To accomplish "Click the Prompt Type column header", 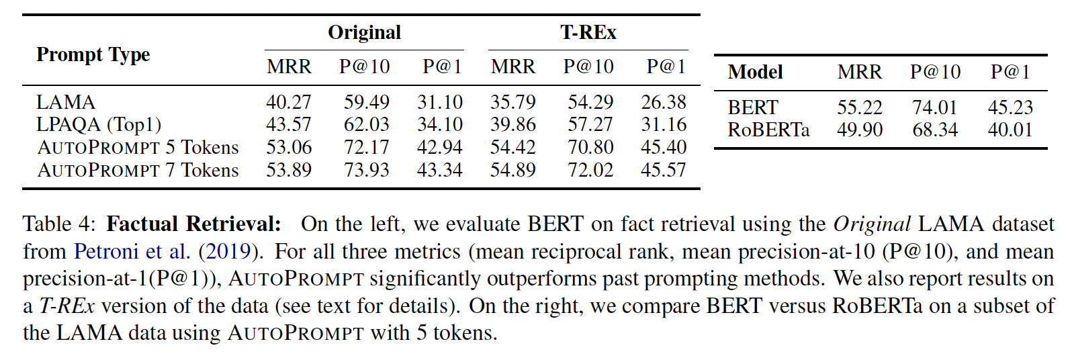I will click(x=93, y=54).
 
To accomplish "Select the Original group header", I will click(x=364, y=32).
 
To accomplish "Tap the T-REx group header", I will click(x=588, y=32).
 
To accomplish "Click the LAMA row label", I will click(x=66, y=102).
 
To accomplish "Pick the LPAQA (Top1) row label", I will click(x=98, y=124).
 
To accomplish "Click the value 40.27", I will click(x=289, y=102).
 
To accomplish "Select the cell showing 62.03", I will click(x=366, y=124).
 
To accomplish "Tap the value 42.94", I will click(x=439, y=147).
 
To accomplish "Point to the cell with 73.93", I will click(x=366, y=170).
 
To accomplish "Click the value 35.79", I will click(x=512, y=102).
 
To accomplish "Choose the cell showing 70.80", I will click(x=590, y=147).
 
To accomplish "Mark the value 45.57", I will click(x=663, y=170).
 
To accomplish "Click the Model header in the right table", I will click(x=755, y=72).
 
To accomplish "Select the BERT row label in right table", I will click(x=752, y=107).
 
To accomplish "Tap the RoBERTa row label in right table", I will click(x=768, y=130).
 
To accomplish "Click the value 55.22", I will click(x=859, y=107).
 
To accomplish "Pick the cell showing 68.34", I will click(x=935, y=130).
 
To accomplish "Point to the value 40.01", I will click(x=1010, y=130).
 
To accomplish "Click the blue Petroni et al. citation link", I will click(x=132, y=251).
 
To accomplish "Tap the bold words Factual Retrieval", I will click(x=193, y=224).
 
